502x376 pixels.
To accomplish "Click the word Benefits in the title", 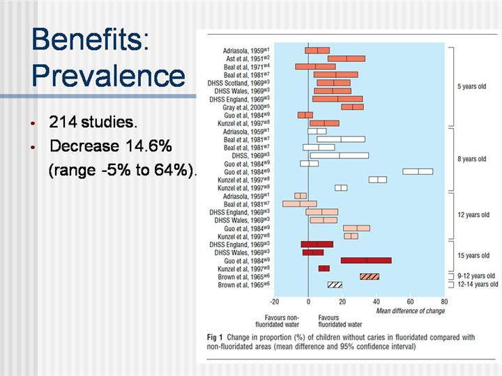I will click(91, 40).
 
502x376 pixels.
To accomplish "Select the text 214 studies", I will click(93, 123).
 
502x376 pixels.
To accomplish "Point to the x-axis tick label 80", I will click(444, 302).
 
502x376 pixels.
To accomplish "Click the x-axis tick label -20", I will click(274, 302).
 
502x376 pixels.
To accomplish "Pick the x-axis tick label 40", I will click(376, 302).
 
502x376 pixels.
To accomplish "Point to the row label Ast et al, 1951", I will click(246, 58).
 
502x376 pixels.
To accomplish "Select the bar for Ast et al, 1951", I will click(346, 58).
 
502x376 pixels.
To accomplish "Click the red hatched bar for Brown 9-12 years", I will click(370, 276).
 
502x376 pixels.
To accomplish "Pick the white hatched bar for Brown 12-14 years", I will click(335, 285).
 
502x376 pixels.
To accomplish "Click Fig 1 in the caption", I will click(217, 338).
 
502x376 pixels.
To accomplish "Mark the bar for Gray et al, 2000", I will click(352, 107).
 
